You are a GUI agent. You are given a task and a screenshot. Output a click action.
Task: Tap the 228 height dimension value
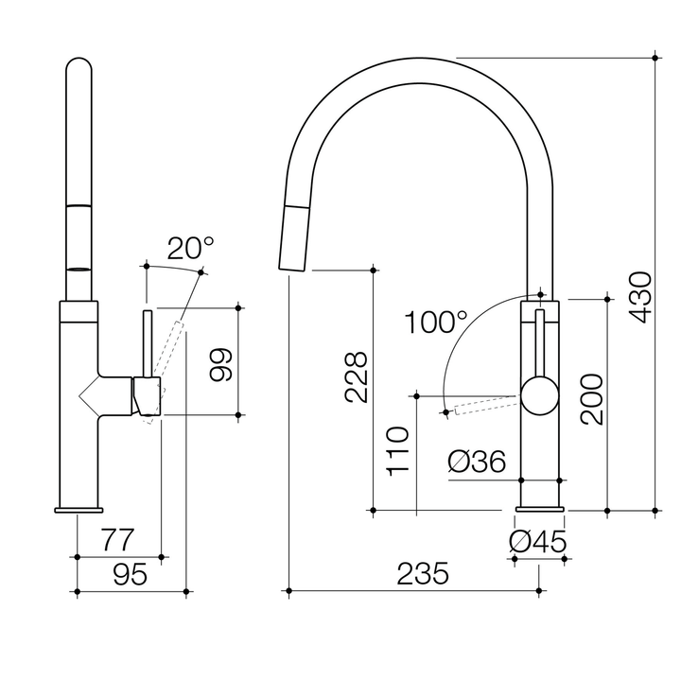point(356,378)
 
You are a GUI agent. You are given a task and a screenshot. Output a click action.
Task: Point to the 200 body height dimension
point(592,399)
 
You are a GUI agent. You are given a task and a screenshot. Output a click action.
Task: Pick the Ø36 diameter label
point(478,462)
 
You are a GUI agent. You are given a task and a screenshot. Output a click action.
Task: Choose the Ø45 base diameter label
point(537,542)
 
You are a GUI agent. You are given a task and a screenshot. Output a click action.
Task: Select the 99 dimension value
point(220,361)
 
